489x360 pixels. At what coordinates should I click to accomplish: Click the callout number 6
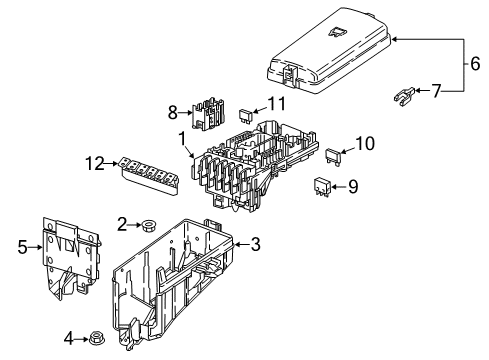pyautogui.click(x=475, y=63)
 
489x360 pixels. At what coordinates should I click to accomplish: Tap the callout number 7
pyautogui.click(x=436, y=91)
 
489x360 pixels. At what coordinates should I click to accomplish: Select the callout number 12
pyautogui.click(x=95, y=163)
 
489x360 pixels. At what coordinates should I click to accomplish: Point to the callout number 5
pyautogui.click(x=22, y=247)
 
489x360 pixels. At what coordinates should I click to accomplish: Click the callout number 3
pyautogui.click(x=255, y=244)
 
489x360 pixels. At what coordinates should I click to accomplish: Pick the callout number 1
pyautogui.click(x=182, y=139)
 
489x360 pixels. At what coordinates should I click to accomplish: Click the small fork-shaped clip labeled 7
pyautogui.click(x=404, y=96)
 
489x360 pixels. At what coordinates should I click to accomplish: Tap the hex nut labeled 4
pyautogui.click(x=97, y=339)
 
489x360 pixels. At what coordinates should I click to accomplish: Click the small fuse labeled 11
pyautogui.click(x=246, y=115)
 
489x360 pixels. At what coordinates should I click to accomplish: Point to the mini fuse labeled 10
pyautogui.click(x=333, y=157)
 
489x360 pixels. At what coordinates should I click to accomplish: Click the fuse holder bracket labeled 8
pyautogui.click(x=208, y=113)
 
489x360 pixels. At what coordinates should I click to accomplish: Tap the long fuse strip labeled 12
pyautogui.click(x=148, y=175)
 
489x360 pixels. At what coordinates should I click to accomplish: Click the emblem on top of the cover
pyautogui.click(x=338, y=32)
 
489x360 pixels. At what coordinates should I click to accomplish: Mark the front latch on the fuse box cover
pyautogui.click(x=289, y=74)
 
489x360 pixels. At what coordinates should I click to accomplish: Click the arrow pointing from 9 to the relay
pyautogui.click(x=338, y=187)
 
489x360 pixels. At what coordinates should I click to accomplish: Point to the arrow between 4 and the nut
pyautogui.click(x=81, y=339)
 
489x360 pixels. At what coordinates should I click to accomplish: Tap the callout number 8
pyautogui.click(x=173, y=113)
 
